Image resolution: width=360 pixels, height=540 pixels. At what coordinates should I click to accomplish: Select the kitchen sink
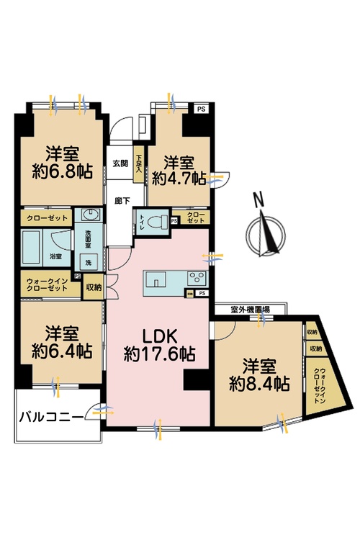pyautogui.click(x=157, y=278)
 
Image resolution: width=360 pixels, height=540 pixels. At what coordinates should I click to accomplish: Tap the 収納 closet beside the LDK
pyautogui.click(x=94, y=287)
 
